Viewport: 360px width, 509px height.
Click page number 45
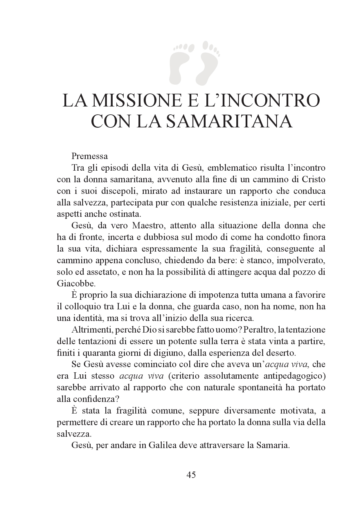point(191,475)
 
